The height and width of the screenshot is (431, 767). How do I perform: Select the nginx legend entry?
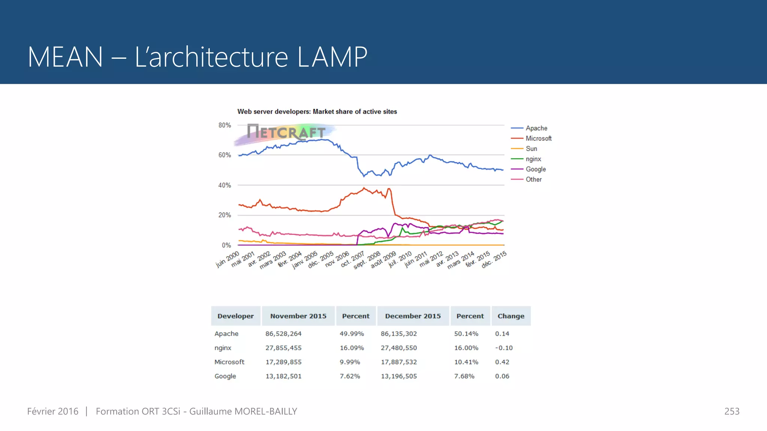[x=533, y=159]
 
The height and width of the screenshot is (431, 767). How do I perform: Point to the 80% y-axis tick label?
[x=225, y=125]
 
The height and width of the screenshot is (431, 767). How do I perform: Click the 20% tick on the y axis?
[x=225, y=215]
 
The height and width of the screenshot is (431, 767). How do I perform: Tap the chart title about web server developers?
[x=317, y=111]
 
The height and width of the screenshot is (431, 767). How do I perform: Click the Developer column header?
[x=236, y=316]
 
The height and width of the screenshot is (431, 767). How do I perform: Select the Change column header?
[x=511, y=316]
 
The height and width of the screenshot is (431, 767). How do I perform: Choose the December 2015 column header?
[x=413, y=316]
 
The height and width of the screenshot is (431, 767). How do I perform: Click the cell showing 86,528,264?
[x=284, y=334]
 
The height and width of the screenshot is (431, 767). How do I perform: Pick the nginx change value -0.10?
[x=504, y=348]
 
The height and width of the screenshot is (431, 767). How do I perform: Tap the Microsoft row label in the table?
[x=229, y=362]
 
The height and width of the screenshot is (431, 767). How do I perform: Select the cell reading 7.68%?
[x=464, y=376]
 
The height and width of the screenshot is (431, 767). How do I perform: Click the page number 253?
[x=731, y=412]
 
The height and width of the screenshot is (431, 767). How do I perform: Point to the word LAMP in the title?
[x=332, y=57]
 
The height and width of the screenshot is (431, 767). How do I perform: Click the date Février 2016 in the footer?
[x=53, y=412]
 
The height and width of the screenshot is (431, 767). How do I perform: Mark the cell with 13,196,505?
[x=399, y=376]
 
